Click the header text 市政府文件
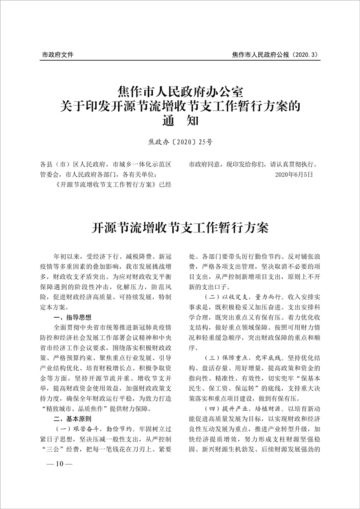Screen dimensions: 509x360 click(x=57, y=55)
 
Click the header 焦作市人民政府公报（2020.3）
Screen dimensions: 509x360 click(x=276, y=55)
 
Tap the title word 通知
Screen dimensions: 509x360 click(x=180, y=121)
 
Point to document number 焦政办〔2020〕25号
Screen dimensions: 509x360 click(x=180, y=142)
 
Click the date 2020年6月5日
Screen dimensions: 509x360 click(x=294, y=174)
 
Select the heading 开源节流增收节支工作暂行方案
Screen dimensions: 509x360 click(x=180, y=228)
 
